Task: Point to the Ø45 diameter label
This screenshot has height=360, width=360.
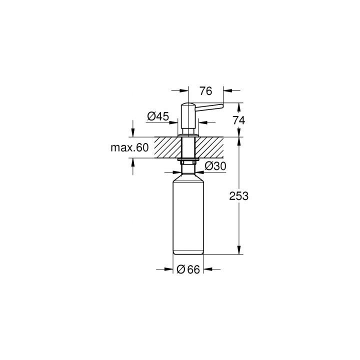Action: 157,116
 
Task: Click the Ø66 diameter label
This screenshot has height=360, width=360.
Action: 188,269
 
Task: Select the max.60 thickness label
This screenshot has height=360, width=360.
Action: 129,147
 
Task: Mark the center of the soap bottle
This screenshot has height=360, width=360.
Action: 188,215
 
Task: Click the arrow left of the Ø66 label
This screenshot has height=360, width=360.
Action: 167,269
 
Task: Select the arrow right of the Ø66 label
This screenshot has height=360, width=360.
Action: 209,269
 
